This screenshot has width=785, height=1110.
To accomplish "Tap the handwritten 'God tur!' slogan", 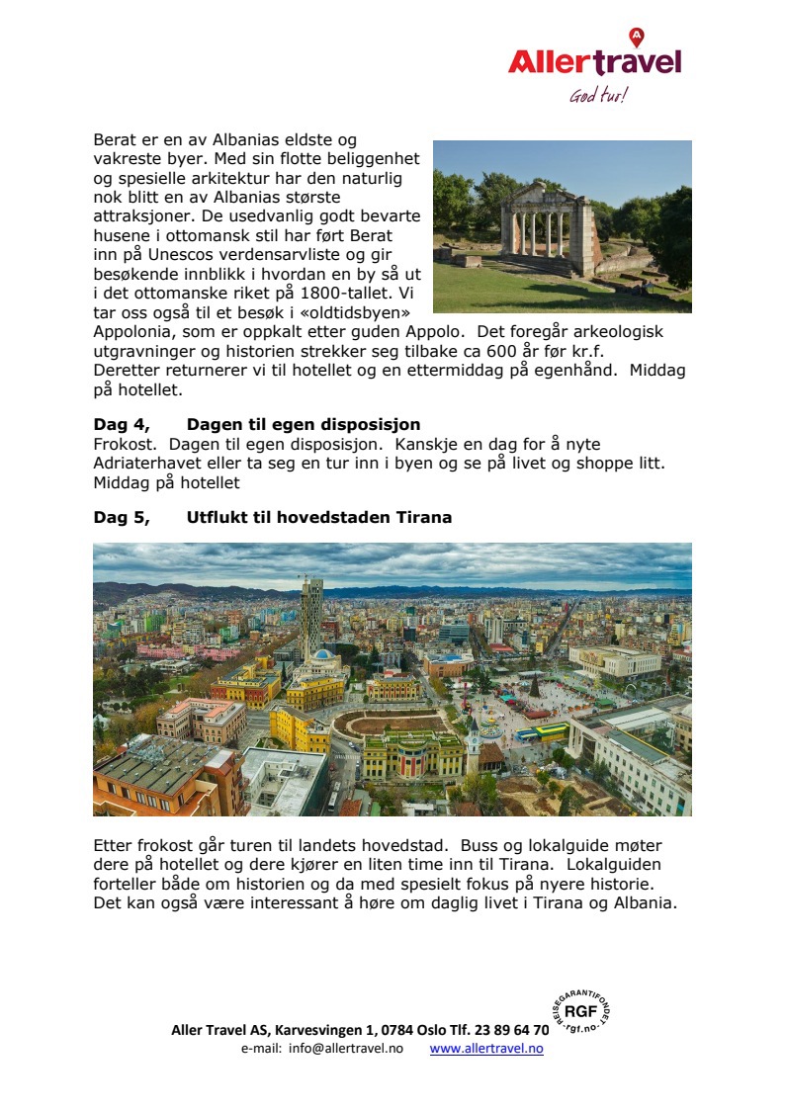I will (x=598, y=96).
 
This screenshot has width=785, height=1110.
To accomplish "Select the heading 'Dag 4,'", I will (x=122, y=425).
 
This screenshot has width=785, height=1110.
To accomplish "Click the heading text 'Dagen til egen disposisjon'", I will (x=304, y=425).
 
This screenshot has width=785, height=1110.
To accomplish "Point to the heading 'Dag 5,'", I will (x=122, y=517).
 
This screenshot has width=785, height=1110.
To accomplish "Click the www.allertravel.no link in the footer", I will (x=486, y=1049).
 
